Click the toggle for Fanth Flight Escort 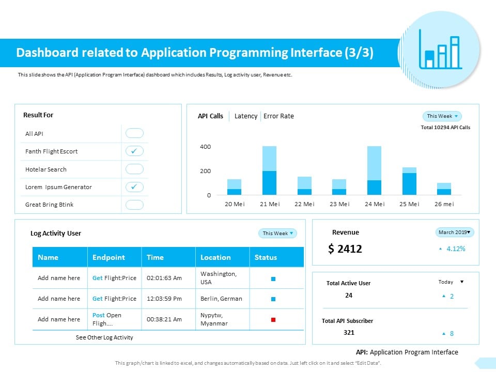pos(134,151)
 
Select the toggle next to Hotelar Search pos(134,169)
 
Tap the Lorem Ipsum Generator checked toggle pos(134,187)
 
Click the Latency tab pos(245,116)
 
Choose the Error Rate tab pos(278,116)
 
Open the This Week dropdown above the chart pos(442,116)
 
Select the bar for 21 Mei pos(269,171)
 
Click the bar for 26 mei pos(444,189)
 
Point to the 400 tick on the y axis pos(206,147)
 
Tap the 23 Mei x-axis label pos(339,204)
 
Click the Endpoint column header pos(109,257)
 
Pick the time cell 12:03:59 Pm pos(165,299)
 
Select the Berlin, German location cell pos(221,299)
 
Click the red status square pos(273,320)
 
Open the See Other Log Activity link pos(104,337)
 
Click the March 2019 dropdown pos(455,233)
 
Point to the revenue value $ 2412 pos(345,249)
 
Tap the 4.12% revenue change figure pos(455,249)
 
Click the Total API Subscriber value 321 pos(349,333)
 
